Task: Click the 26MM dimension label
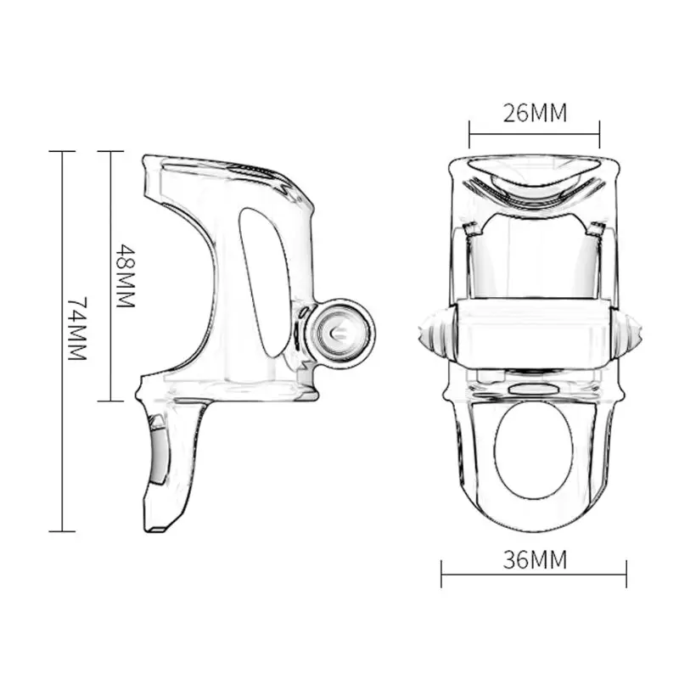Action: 535,114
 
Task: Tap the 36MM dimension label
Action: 535,559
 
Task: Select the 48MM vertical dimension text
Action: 126,276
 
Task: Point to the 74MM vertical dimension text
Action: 77,328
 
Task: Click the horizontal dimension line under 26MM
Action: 535,134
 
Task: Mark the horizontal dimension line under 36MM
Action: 534,575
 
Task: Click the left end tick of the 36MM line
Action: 441,575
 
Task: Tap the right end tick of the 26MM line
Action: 599,134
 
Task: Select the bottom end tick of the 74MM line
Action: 62,531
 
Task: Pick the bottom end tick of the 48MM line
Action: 110,401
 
